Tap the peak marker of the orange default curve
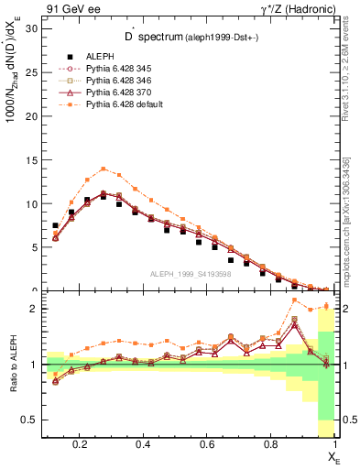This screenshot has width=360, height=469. [x=104, y=169]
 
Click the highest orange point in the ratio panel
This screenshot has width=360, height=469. [x=294, y=300]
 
